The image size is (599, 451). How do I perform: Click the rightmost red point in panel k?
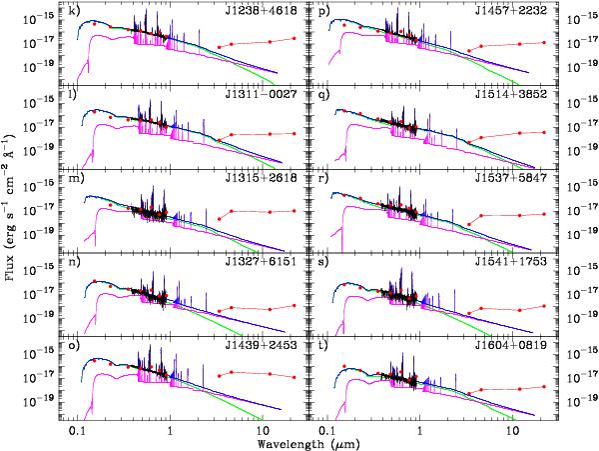293,38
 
